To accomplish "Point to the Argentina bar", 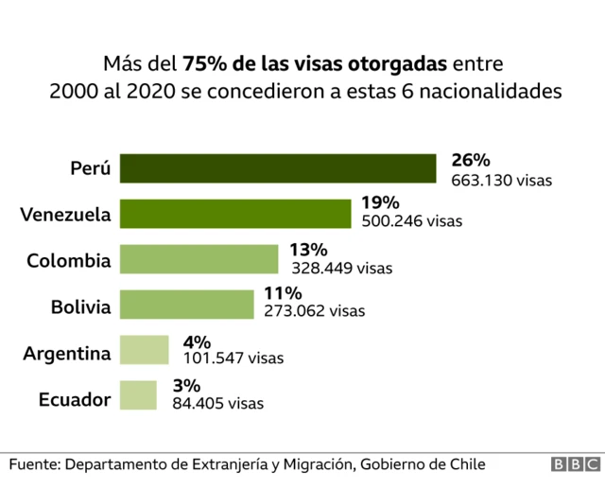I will click(144, 350).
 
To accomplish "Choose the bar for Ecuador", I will click(138, 394).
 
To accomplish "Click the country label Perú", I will click(91, 169).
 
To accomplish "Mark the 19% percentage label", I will click(381, 203).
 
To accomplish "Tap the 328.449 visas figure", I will click(341, 269).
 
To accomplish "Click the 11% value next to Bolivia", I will click(283, 294).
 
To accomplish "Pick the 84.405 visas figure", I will click(217, 404).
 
